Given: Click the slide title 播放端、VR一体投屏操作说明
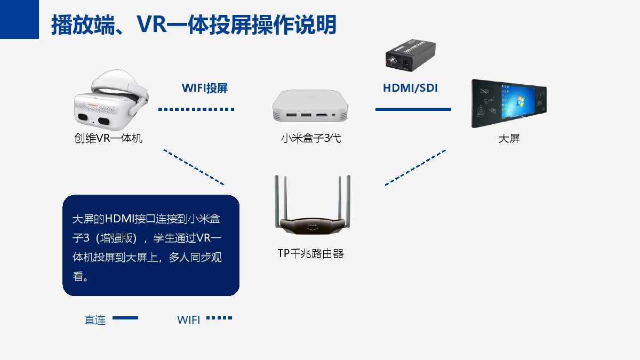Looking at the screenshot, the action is coord(194,25).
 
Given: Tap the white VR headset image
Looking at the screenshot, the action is coord(111,100).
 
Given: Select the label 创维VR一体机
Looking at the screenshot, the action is coord(108,138).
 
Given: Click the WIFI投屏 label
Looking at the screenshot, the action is coord(205,88).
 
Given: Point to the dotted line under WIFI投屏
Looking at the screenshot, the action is coord(196,109).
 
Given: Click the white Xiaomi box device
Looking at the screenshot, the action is coord(310,106).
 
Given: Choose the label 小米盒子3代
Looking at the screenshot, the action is coord(311,138).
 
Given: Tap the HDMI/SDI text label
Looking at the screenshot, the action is coord(410,88).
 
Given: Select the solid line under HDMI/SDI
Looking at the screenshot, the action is coord(413,109).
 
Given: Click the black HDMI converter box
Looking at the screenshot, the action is coord(411,55).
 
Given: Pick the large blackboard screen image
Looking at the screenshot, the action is coord(509,103).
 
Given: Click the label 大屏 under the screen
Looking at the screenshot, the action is coord(509,139).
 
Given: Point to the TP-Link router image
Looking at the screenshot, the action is coord(313,205).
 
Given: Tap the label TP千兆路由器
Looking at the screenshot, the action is coord(310,253).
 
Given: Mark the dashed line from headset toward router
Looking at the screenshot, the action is coord(194,167).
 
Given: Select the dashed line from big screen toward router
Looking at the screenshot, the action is coord(415,167).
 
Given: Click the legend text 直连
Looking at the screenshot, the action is coord(95,320).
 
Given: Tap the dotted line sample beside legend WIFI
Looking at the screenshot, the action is coord(219,318).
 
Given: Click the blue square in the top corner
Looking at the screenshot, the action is coord(19,19).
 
